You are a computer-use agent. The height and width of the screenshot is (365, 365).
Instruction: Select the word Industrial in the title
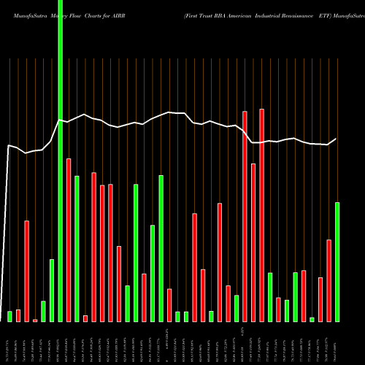(x=295, y=7)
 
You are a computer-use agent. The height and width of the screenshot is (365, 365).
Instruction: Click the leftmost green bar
(x=10, y=316)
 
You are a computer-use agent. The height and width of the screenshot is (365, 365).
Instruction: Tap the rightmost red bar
(x=328, y=280)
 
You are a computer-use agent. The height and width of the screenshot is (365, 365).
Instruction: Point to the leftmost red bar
(x=18, y=315)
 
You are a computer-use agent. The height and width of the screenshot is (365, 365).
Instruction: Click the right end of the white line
(x=337, y=139)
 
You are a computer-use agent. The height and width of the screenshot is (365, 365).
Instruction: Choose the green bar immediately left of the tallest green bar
(x=52, y=291)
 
